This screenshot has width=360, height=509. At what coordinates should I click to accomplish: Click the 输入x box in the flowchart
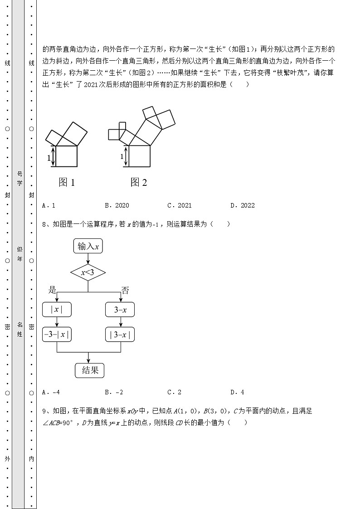tap(88, 247)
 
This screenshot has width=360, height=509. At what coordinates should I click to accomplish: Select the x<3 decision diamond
tap(88, 272)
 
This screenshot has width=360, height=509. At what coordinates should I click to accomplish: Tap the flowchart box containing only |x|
tap(57, 310)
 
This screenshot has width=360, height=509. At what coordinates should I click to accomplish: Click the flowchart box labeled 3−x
tap(120, 310)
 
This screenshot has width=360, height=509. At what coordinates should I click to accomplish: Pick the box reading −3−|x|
tap(57, 335)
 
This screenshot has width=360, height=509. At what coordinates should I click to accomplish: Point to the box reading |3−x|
tap(120, 335)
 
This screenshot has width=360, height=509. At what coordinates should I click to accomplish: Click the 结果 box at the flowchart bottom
tap(89, 370)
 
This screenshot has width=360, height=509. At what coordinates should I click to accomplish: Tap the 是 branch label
tap(52, 290)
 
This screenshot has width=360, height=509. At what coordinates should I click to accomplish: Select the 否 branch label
tap(125, 290)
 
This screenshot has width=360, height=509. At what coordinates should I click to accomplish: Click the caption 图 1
tap(67, 182)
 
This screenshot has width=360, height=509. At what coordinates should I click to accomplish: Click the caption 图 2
tap(139, 182)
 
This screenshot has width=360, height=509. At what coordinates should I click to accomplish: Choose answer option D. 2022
tap(243, 205)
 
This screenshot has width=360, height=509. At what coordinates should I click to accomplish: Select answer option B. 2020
tap(117, 205)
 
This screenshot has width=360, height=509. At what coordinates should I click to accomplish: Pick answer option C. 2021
tap(180, 205)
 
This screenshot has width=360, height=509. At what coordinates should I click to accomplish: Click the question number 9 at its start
tap(44, 411)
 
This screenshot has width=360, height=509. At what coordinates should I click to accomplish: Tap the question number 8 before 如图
tap(44, 224)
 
